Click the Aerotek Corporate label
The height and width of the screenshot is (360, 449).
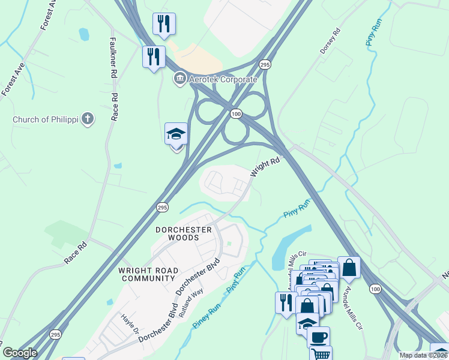pyautogui.click(x=223, y=79)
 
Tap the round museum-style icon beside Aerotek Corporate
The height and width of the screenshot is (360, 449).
pyautogui.click(x=179, y=79)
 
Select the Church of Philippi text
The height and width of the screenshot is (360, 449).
pyautogui.click(x=46, y=119)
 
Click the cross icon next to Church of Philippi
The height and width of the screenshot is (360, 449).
pyautogui.click(x=88, y=118)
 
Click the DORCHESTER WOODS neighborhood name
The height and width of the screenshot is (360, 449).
pyautogui.click(x=184, y=233)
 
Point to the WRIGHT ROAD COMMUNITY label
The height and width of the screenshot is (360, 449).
pyautogui.click(x=148, y=274)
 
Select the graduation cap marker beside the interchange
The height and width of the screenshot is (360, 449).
pyautogui.click(x=176, y=134)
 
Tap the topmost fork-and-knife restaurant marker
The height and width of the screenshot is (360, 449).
pyautogui.click(x=164, y=23)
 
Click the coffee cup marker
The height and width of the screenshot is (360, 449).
pyautogui.click(x=318, y=336)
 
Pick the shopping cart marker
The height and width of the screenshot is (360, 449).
pyautogui.click(x=321, y=354)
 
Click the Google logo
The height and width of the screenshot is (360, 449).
pyautogui.click(x=20, y=353)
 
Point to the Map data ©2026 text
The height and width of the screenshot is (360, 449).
pyautogui.click(x=423, y=355)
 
